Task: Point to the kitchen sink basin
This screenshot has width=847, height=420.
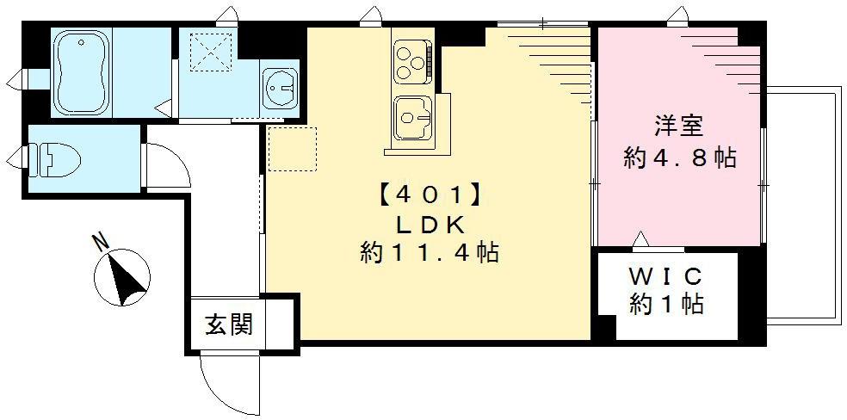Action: click(x=410, y=116)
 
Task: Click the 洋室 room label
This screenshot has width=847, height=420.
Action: click(x=679, y=127)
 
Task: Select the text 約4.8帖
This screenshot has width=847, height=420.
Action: click(x=679, y=158)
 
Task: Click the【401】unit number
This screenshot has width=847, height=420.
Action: click(x=428, y=195)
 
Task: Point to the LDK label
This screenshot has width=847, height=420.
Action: click(x=430, y=225)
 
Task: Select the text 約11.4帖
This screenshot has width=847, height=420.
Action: click(x=430, y=254)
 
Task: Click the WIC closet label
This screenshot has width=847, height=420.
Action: click(x=666, y=277)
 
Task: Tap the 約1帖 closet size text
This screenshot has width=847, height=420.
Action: click(x=666, y=305)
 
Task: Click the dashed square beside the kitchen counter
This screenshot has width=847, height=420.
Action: click(x=292, y=149)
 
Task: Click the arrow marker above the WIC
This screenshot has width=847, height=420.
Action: click(x=641, y=238)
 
